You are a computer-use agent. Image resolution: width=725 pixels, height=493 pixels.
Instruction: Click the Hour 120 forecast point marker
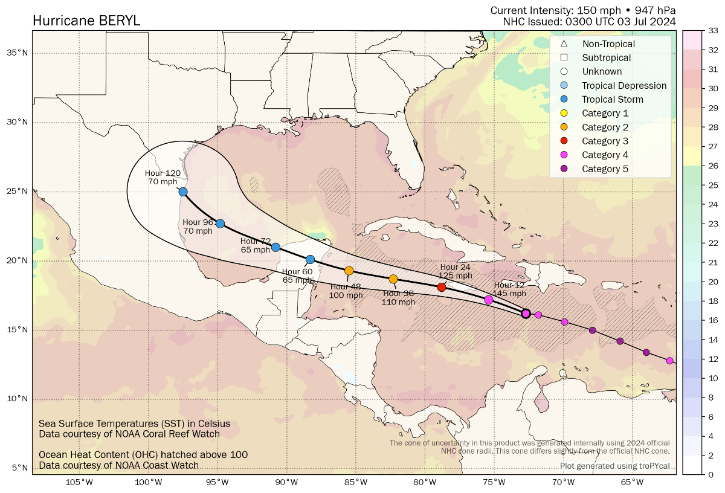pos(183,192)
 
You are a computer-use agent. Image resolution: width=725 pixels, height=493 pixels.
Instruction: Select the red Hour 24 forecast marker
pos(442,287)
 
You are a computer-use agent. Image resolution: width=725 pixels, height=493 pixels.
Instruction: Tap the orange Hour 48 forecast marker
pos(349,271)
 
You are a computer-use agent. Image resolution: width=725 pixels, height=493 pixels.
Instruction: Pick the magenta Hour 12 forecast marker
pos(489,300)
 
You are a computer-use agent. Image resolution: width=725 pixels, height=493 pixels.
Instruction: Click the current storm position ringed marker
pos(526,314)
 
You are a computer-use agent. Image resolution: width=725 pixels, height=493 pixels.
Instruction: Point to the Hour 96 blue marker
pos(221,224)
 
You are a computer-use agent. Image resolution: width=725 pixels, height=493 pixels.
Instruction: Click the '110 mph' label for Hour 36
pos(398,302)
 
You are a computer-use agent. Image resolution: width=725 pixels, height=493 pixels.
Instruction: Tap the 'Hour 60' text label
pos(297,271)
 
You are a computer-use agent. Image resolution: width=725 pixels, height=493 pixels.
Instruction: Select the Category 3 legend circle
pos(564,141)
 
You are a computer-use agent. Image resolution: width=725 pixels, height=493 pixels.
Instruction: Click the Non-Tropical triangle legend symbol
pos(564,44)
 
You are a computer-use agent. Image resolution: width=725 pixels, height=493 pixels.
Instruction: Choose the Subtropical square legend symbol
pos(564,58)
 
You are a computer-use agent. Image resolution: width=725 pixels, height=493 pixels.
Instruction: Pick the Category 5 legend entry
pos(605,169)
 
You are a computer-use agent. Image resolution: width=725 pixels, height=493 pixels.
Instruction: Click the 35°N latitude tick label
pos(17,53)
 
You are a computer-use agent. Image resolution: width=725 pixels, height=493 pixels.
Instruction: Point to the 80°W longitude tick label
pos(425,482)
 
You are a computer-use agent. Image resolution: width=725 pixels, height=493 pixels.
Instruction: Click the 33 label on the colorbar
pos(696,31)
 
